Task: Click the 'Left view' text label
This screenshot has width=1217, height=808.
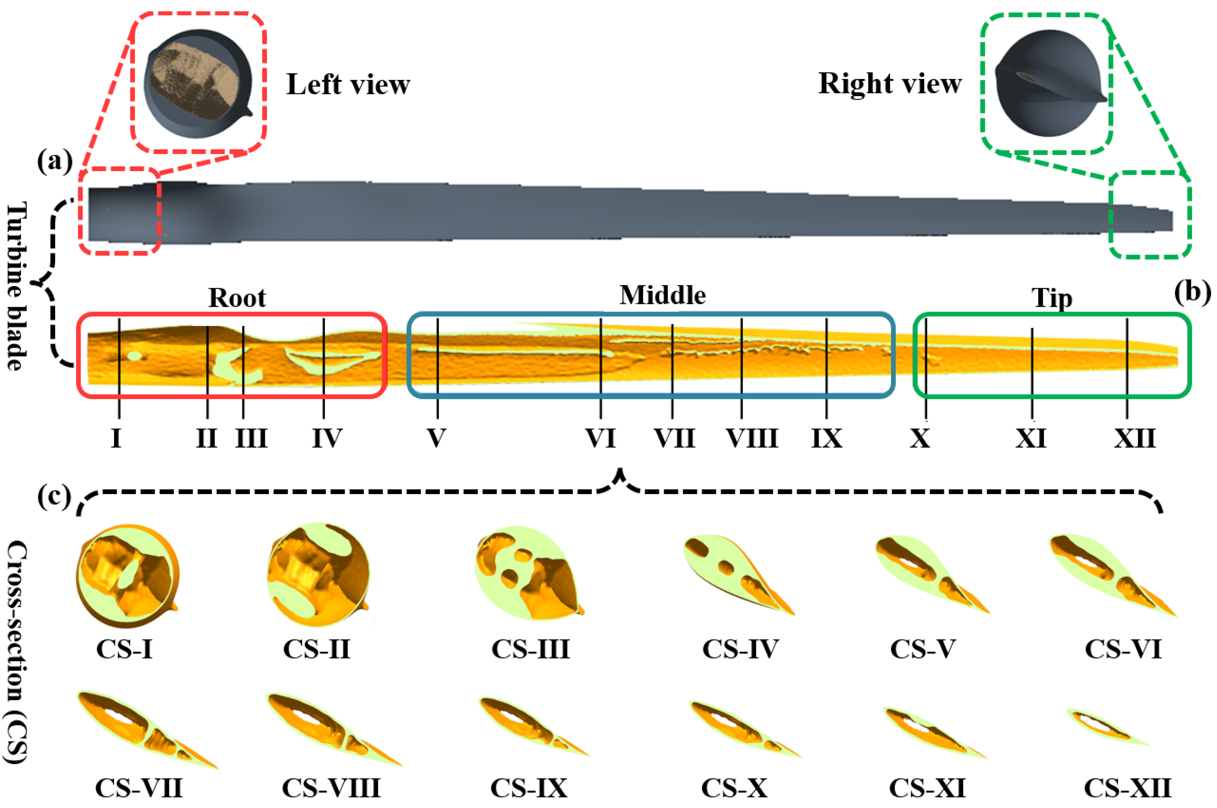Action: click(x=348, y=84)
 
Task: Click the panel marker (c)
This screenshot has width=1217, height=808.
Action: click(x=54, y=496)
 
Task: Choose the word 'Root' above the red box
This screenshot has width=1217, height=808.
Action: click(x=237, y=298)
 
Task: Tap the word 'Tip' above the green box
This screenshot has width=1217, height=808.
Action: click(x=1052, y=298)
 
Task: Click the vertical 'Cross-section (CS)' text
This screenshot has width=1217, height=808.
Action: click(x=16, y=652)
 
